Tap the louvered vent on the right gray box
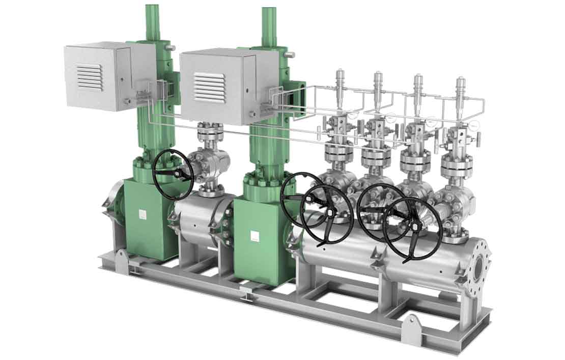pyautogui.click(x=209, y=86)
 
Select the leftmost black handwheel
pyautogui.click(x=173, y=174)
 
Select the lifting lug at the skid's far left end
pyautogui.click(x=120, y=256)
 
